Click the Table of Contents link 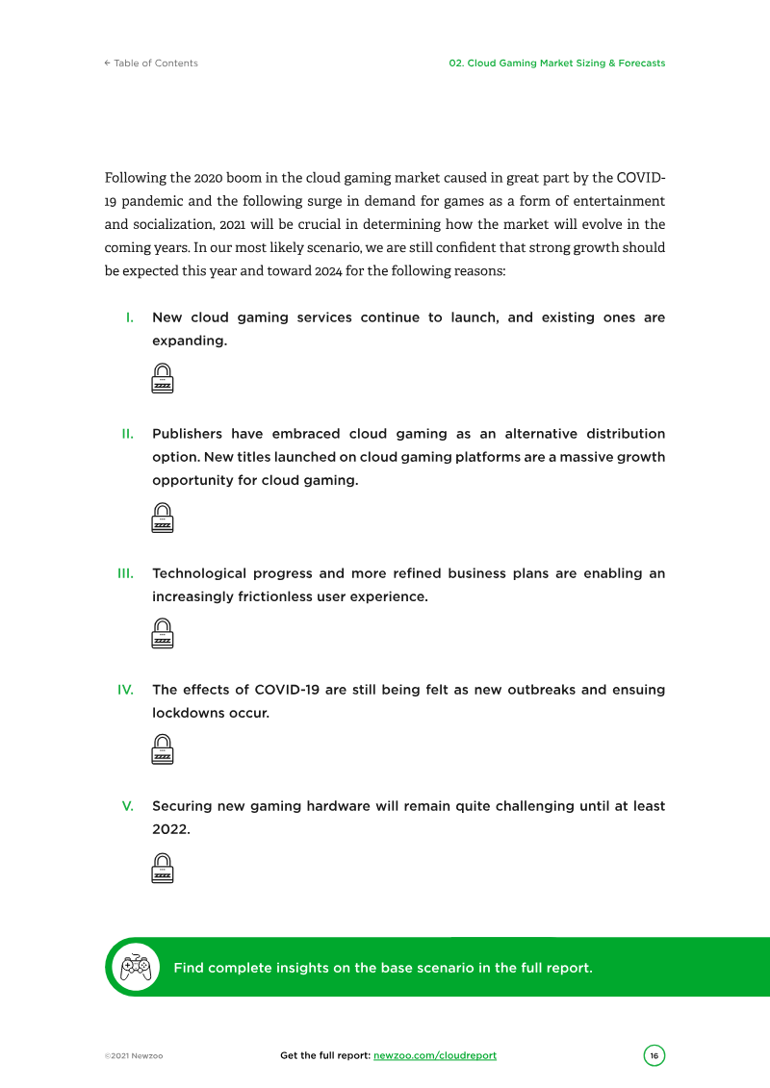click(151, 63)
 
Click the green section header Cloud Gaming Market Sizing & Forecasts click(556, 63)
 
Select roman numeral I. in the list click(129, 317)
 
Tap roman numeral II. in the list click(127, 434)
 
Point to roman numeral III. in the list click(125, 573)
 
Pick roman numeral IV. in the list click(125, 690)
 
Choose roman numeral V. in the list click(127, 806)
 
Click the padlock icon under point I click(163, 378)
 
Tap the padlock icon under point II click(163, 518)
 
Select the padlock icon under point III click(163, 634)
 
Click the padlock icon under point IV click(163, 750)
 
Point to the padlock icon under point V click(163, 868)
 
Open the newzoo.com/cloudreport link click(435, 1055)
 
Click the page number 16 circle click(654, 1055)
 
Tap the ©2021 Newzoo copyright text click(134, 1056)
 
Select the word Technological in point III click(199, 573)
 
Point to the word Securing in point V click(181, 806)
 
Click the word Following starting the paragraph click(135, 179)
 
